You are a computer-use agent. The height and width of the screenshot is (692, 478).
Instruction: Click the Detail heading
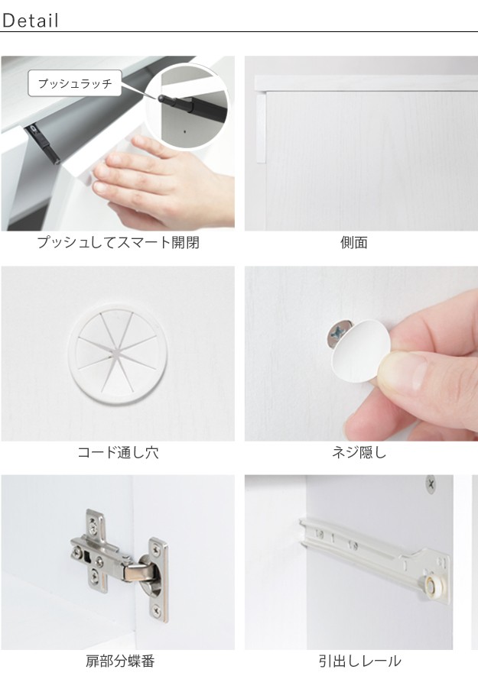pos(30,21)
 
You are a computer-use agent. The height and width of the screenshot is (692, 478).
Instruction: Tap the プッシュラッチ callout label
pos(75,83)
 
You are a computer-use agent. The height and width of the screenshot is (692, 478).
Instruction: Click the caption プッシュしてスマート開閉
pos(118,242)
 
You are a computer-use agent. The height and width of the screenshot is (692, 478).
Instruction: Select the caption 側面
pos(354,242)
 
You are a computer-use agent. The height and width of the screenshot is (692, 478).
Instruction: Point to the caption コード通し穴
pos(118,452)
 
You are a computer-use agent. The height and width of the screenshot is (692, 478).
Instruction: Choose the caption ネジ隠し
pos(359,452)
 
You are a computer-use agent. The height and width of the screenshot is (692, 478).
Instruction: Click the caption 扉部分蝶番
pos(120,661)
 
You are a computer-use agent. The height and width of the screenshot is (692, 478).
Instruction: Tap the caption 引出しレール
pos(360,661)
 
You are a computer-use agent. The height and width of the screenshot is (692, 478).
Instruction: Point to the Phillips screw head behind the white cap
pos(337,334)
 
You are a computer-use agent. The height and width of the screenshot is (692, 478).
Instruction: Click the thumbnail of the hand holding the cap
pos(362,354)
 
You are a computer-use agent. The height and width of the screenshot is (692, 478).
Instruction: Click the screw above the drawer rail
pos(431,483)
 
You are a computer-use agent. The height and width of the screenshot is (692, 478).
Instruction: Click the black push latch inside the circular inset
pos(191,105)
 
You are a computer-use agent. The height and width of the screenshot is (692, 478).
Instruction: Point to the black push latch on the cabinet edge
pos(44,144)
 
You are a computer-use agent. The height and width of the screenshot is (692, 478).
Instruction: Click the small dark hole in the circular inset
pos(184,131)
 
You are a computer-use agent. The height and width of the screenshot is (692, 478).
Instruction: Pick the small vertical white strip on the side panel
pos(261,128)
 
